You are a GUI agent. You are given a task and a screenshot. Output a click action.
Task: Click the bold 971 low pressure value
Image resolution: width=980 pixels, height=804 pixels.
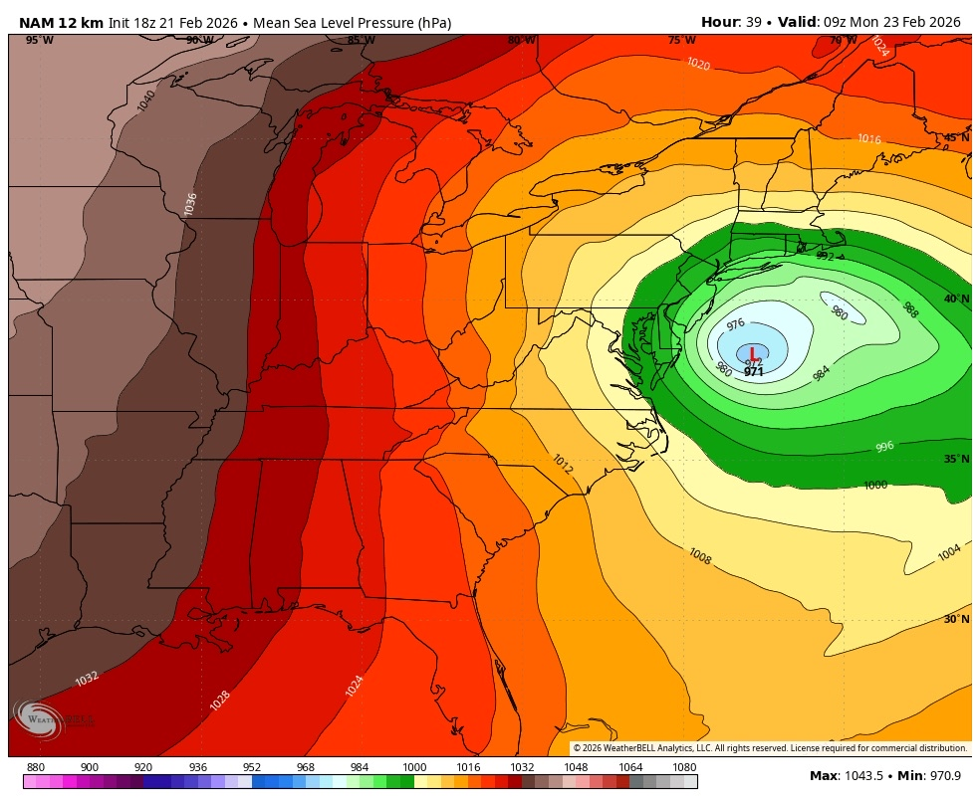coord(754,372)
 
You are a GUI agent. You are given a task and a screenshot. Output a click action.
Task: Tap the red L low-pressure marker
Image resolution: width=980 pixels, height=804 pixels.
coord(752,355)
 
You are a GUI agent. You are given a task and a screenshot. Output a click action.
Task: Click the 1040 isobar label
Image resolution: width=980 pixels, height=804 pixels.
coord(146,100)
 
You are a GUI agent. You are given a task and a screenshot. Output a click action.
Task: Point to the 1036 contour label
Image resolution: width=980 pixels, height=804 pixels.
coord(190,203)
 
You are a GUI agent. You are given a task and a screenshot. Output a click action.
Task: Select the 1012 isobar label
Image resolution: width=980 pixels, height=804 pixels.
coord(562,464)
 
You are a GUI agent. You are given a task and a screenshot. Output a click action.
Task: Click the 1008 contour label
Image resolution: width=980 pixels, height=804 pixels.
coord(700,556)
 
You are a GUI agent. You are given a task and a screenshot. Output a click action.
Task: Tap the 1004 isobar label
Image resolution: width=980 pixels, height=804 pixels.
coord(949,552)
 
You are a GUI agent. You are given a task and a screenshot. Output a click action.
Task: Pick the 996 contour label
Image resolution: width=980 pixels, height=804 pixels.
coord(884,447)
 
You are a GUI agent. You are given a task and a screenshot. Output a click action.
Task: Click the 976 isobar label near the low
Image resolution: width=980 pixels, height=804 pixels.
coord(736,324)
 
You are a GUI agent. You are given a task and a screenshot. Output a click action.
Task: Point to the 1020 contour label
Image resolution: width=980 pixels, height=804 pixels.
coord(698,64)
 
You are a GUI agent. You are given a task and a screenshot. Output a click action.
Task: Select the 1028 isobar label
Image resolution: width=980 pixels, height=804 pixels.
coord(220,701)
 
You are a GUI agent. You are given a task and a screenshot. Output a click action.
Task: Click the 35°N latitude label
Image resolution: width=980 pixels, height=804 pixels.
coord(956,460)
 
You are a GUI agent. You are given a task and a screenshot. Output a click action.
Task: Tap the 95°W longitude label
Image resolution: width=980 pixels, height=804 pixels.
coord(40,40)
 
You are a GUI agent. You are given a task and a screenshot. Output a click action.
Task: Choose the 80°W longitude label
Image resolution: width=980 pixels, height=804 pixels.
coord(521,40)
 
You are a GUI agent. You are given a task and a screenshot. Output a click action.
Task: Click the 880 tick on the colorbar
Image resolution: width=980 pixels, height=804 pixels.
coord(36,767)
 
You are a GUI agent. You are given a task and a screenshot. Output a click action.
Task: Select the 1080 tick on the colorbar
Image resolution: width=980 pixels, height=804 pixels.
coord(684,767)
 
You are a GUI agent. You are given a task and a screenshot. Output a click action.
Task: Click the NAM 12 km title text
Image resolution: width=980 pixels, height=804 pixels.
coord(60,22)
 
